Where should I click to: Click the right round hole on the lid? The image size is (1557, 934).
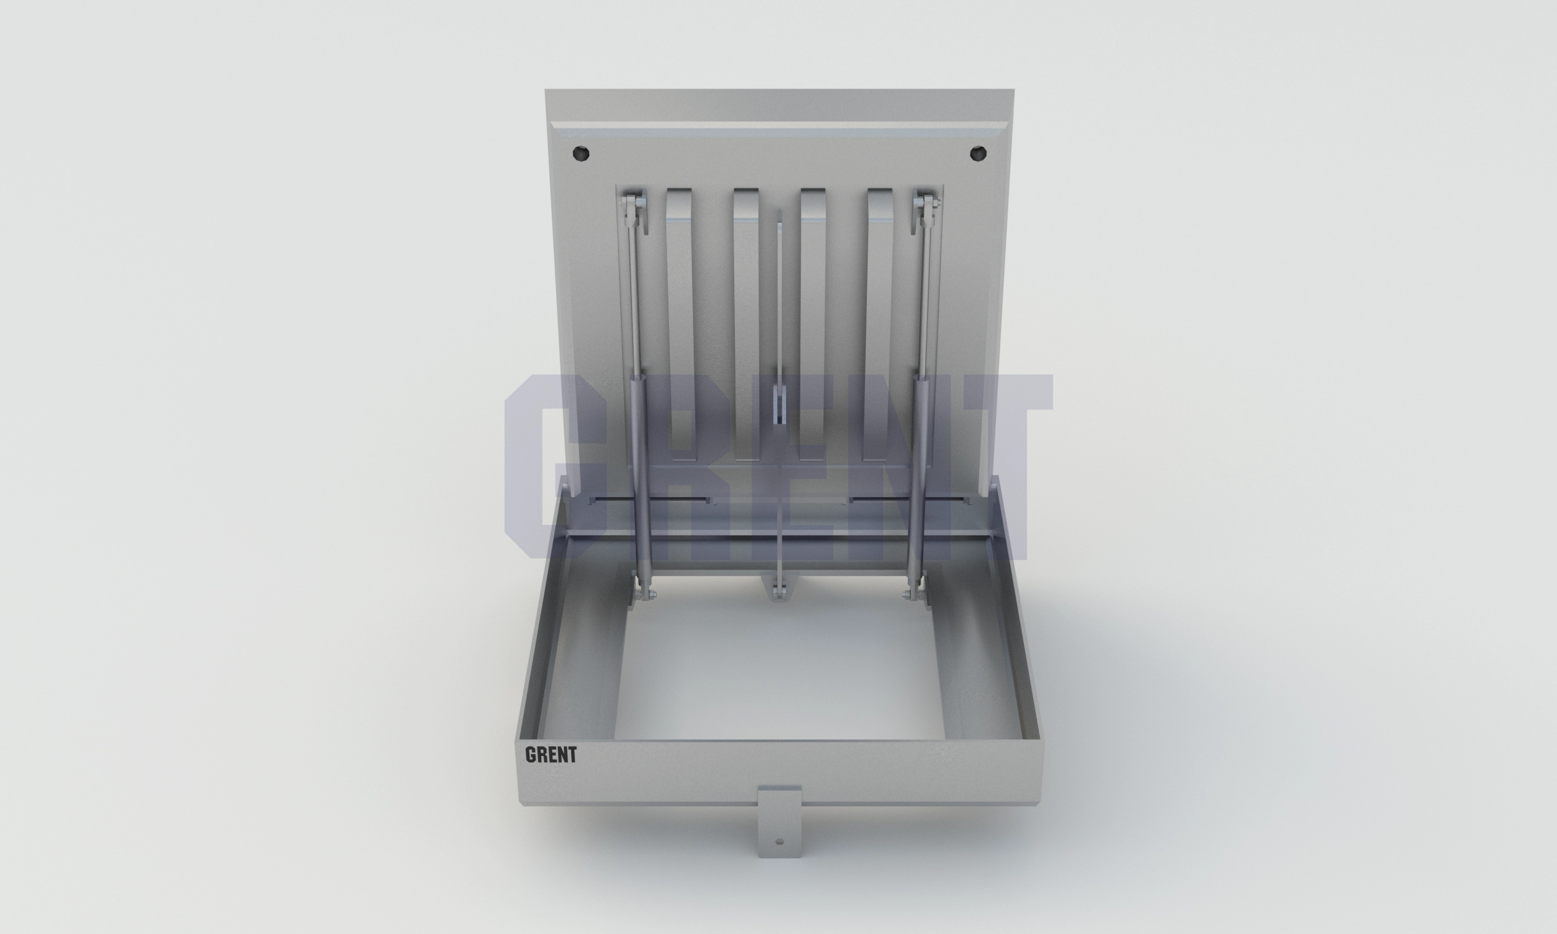[x=977, y=153]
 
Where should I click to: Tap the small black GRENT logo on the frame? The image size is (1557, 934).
[x=551, y=755]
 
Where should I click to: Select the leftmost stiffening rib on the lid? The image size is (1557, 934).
[x=679, y=324]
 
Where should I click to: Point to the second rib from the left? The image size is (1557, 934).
[x=747, y=324]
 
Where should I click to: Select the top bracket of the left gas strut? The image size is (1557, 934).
[x=633, y=211]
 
